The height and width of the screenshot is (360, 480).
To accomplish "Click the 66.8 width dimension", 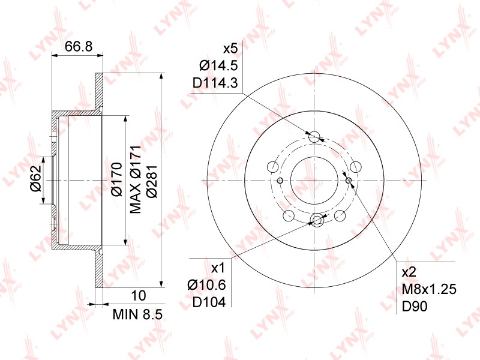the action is click(79, 47).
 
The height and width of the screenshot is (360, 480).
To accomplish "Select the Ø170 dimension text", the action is click(116, 179).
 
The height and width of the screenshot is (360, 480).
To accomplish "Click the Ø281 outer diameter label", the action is click(152, 182).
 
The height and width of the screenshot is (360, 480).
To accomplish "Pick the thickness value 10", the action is click(139, 296).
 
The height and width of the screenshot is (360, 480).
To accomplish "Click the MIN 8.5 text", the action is click(137, 314).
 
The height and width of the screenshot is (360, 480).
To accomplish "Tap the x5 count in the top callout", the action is click(230, 49).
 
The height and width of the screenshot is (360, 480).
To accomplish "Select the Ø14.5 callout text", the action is click(218, 65).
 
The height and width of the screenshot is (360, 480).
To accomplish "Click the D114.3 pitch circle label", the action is click(215, 83).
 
